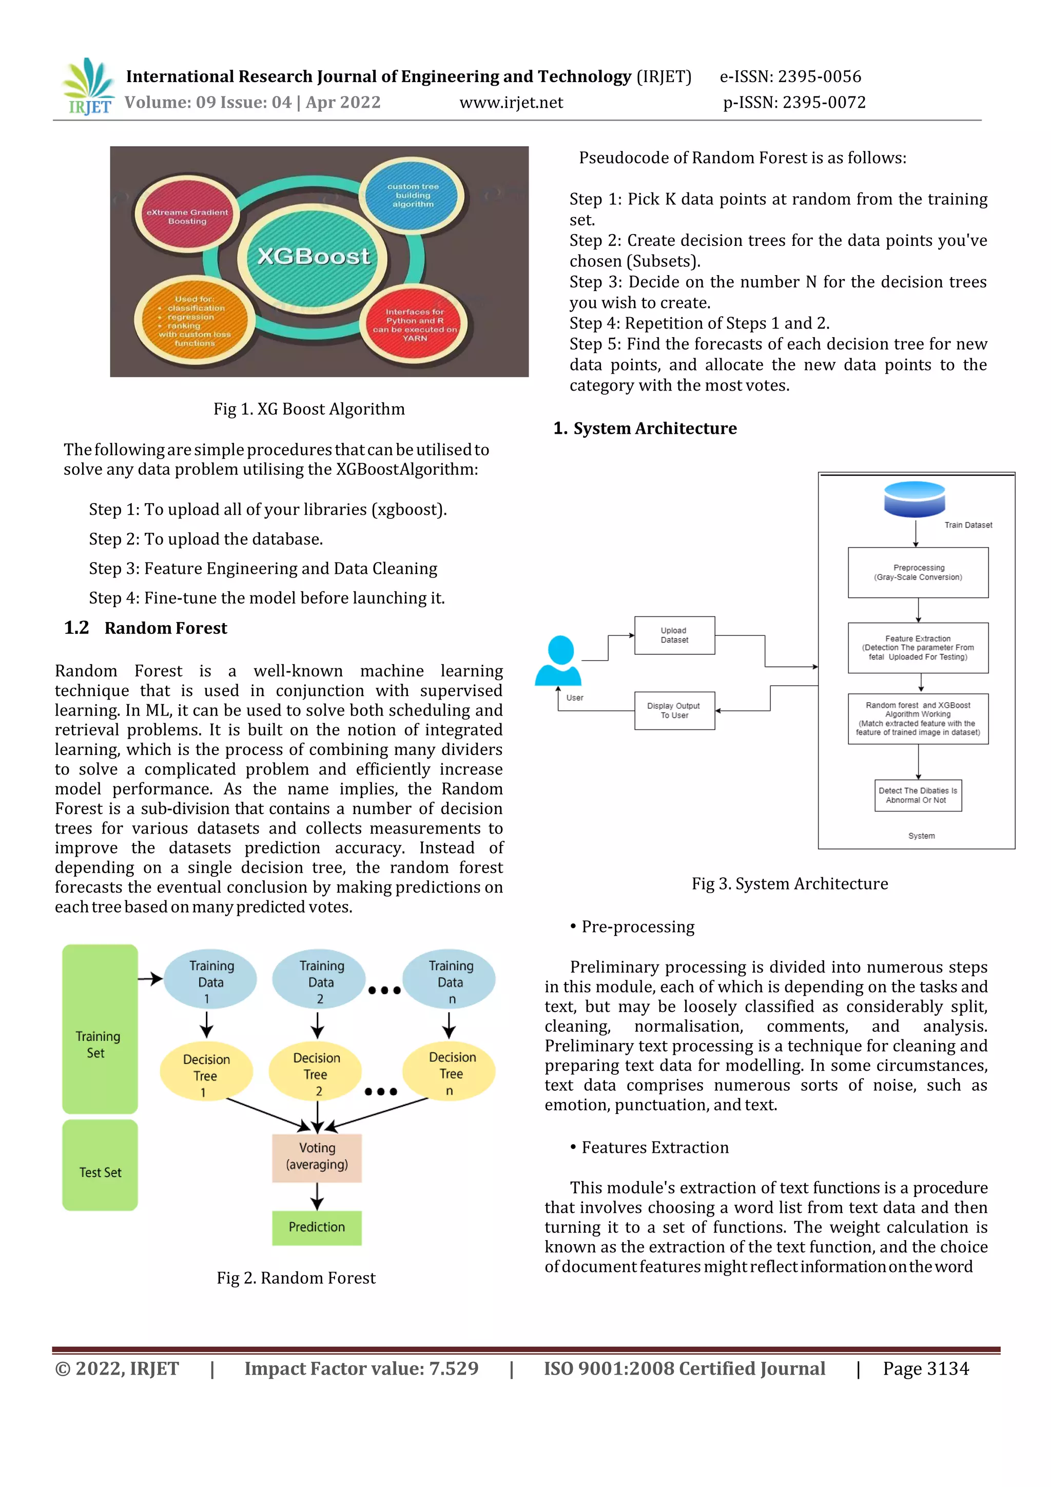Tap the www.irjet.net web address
tap(511, 102)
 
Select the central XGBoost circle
tap(314, 257)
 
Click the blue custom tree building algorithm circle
tap(413, 195)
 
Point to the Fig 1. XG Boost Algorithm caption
tap(309, 409)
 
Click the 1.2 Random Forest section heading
tap(146, 628)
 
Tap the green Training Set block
tap(100, 1029)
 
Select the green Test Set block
tap(100, 1165)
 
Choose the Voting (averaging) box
tap(317, 1157)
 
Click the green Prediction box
tap(317, 1227)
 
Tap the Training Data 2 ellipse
tap(319, 980)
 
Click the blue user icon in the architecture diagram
tap(559, 660)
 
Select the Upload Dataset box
tap(674, 635)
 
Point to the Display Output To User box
tap(674, 710)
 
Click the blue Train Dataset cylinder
tap(914, 499)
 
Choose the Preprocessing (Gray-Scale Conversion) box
tap(918, 572)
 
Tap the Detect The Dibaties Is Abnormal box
tap(918, 795)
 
